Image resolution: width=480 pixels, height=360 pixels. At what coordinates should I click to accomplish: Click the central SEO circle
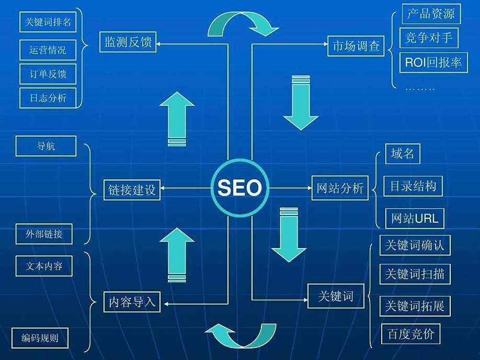(240, 188)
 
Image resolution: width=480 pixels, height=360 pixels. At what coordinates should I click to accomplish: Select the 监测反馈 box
(128, 42)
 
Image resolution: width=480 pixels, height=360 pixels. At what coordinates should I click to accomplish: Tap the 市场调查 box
(356, 46)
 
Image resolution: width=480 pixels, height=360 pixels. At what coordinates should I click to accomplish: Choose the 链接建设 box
(132, 190)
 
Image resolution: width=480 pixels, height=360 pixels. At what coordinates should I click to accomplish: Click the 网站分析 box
(340, 188)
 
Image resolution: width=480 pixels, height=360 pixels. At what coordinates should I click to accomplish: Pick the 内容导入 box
(132, 302)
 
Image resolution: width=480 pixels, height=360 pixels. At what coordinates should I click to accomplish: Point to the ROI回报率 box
(433, 63)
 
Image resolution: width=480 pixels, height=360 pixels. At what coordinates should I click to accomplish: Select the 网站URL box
(415, 218)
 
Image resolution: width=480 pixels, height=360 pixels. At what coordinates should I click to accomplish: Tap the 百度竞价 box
(411, 334)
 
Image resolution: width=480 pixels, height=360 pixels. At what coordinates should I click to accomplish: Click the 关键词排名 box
(48, 22)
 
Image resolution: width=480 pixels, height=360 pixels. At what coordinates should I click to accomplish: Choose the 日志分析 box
(48, 98)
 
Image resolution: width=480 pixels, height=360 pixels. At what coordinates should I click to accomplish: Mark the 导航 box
(46, 146)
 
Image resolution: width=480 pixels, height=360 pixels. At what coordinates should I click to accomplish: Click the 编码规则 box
(40, 338)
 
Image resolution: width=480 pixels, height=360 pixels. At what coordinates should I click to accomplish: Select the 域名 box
(403, 153)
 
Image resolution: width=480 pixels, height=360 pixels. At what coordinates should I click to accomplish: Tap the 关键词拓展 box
(415, 306)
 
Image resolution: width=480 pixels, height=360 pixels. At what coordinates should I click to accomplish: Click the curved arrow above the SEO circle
(243, 24)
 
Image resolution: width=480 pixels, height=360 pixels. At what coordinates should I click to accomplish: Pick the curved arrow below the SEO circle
(241, 335)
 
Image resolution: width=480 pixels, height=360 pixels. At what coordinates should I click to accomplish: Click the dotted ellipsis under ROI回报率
(420, 89)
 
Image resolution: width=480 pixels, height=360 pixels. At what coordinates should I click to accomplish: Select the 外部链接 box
(44, 234)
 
